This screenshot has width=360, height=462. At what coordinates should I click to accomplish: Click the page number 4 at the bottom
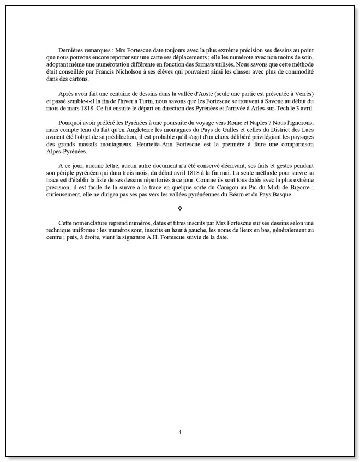(180, 432)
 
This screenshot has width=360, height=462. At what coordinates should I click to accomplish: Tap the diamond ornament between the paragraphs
(180, 208)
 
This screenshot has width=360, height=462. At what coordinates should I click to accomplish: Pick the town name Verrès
(300, 94)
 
